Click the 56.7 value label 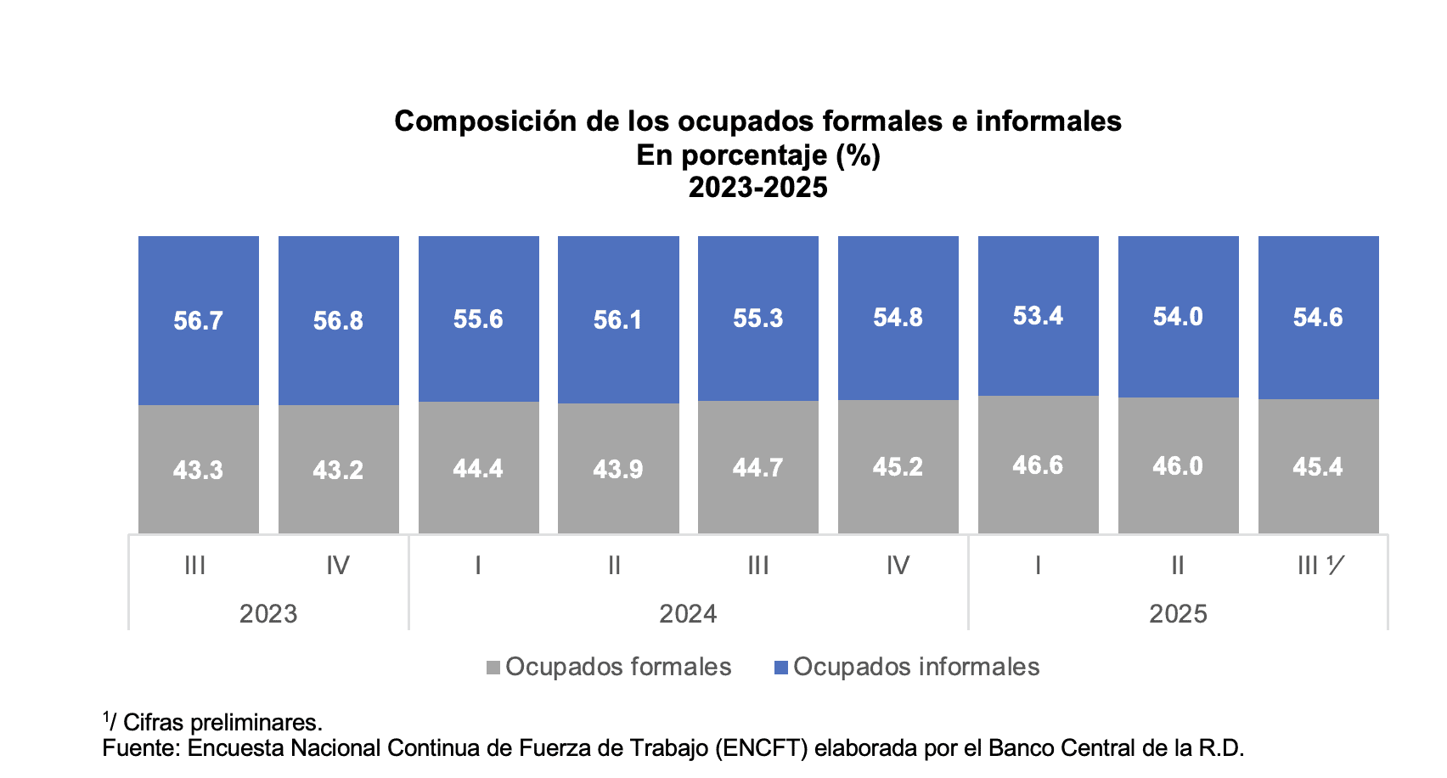coord(198,320)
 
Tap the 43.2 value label coord(338,470)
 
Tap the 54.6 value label coord(1318,318)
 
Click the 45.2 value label coord(898,467)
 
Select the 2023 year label coord(268,614)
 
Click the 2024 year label coord(688,614)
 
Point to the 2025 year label coord(1178,614)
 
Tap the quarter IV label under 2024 coord(898,566)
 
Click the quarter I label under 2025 coord(1038,566)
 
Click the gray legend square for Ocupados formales coord(493,668)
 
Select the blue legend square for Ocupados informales coord(781,668)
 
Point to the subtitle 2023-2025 coord(757,188)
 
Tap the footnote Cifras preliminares coord(222,723)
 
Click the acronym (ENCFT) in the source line coord(761,748)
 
